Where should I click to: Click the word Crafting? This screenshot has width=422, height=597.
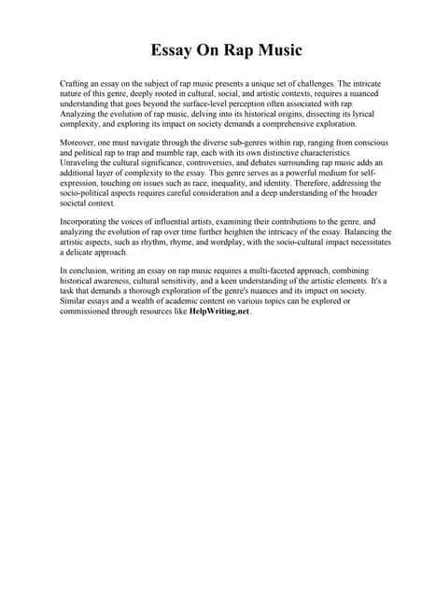point(77,84)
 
